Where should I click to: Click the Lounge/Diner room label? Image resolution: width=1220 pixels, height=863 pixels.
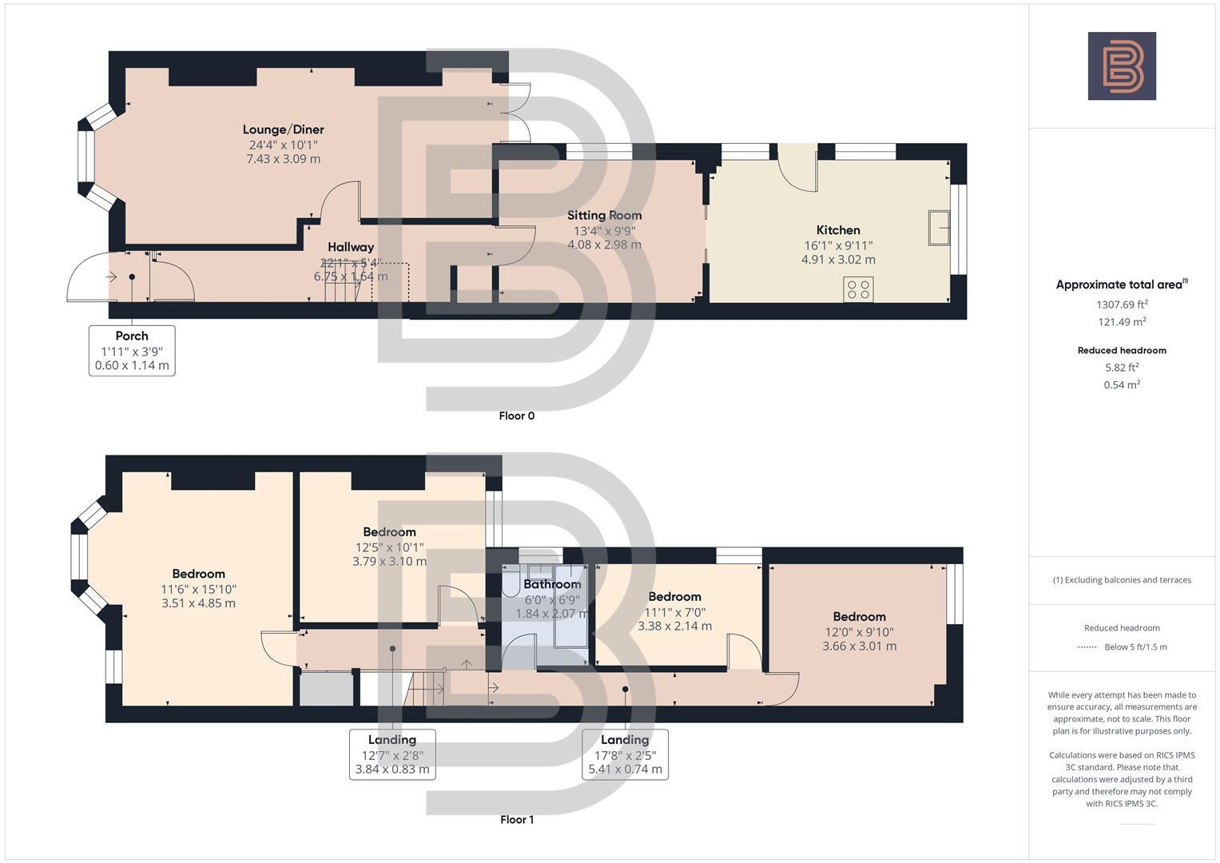[283, 129]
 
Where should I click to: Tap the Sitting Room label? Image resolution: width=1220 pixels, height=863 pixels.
[604, 215]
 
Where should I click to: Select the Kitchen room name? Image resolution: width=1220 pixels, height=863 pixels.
[838, 230]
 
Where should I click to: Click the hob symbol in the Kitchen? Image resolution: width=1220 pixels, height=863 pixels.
[859, 289]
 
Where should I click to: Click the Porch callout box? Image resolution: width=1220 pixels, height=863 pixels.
[132, 350]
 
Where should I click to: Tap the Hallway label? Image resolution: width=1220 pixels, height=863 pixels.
[351, 248]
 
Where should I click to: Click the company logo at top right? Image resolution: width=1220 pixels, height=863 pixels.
[1121, 66]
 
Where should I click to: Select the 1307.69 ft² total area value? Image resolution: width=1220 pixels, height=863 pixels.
[1122, 304]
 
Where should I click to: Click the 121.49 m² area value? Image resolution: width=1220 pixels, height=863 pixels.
[1122, 322]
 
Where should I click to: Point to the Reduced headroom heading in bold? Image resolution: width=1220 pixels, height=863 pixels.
[1122, 350]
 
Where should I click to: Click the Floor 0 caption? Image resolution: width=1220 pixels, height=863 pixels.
[516, 416]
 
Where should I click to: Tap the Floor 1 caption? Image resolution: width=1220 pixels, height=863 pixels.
[516, 819]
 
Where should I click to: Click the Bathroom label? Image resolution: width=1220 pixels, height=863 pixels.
[552, 584]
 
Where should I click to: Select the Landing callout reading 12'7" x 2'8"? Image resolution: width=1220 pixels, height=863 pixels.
[392, 754]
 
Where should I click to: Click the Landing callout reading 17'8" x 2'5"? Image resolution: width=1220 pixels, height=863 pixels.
[625, 754]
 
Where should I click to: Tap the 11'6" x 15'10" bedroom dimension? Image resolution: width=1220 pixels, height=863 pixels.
[198, 589]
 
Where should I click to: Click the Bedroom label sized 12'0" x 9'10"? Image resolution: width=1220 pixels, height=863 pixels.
[859, 617]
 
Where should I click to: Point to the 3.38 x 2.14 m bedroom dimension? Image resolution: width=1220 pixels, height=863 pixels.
[674, 626]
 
